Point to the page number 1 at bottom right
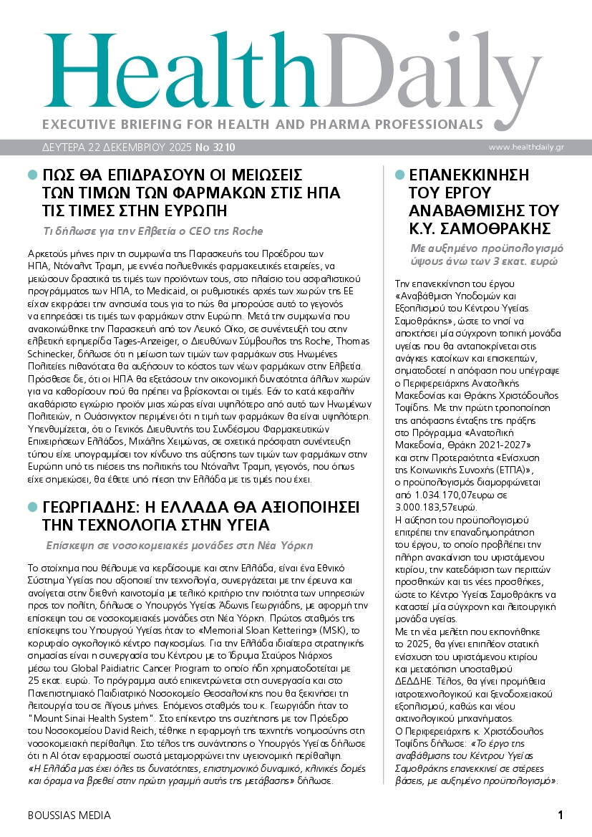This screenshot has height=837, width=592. pyautogui.click(x=561, y=815)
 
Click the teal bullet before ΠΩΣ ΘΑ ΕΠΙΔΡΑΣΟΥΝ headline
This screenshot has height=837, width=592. pyautogui.click(x=31, y=175)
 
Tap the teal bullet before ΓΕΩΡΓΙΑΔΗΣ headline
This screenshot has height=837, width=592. pyautogui.click(x=31, y=506)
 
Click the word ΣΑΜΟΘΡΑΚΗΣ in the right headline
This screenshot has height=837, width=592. pyautogui.click(x=492, y=228)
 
